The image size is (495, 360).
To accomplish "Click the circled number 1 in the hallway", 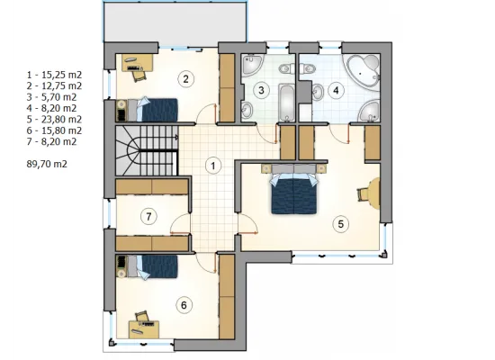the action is pyautogui.click(x=213, y=166).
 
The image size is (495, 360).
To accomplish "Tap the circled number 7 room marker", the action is pyautogui.click(x=148, y=217).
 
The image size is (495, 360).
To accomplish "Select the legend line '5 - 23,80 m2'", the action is pyautogui.click(x=54, y=120).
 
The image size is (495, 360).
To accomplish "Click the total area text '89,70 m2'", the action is pyautogui.click(x=47, y=164).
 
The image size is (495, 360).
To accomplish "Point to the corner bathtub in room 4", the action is pyautogui.click(x=363, y=71).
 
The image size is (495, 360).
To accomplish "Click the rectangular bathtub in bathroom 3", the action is pyautogui.click(x=286, y=103).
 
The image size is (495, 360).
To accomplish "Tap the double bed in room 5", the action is pyautogui.click(x=294, y=189).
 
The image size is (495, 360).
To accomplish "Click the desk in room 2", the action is pyautogui.click(x=138, y=62).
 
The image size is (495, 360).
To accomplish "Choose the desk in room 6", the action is pyautogui.click(x=144, y=329).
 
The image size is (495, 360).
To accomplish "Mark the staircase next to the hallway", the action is pyautogui.click(x=147, y=150).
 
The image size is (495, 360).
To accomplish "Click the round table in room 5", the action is pyautogui.click(x=374, y=193).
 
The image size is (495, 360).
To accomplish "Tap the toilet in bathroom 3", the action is pyautogui.click(x=286, y=67).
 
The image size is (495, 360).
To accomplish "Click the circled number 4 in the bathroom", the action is pyautogui.click(x=336, y=90).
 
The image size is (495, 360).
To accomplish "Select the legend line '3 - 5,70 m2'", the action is pyautogui.click(x=52, y=97).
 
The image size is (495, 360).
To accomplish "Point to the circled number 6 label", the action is pyautogui.click(x=184, y=305).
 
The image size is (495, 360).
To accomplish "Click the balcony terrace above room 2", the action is pyautogui.click(x=175, y=22).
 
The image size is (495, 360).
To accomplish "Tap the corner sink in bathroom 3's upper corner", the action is pyautogui.click(x=252, y=64).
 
